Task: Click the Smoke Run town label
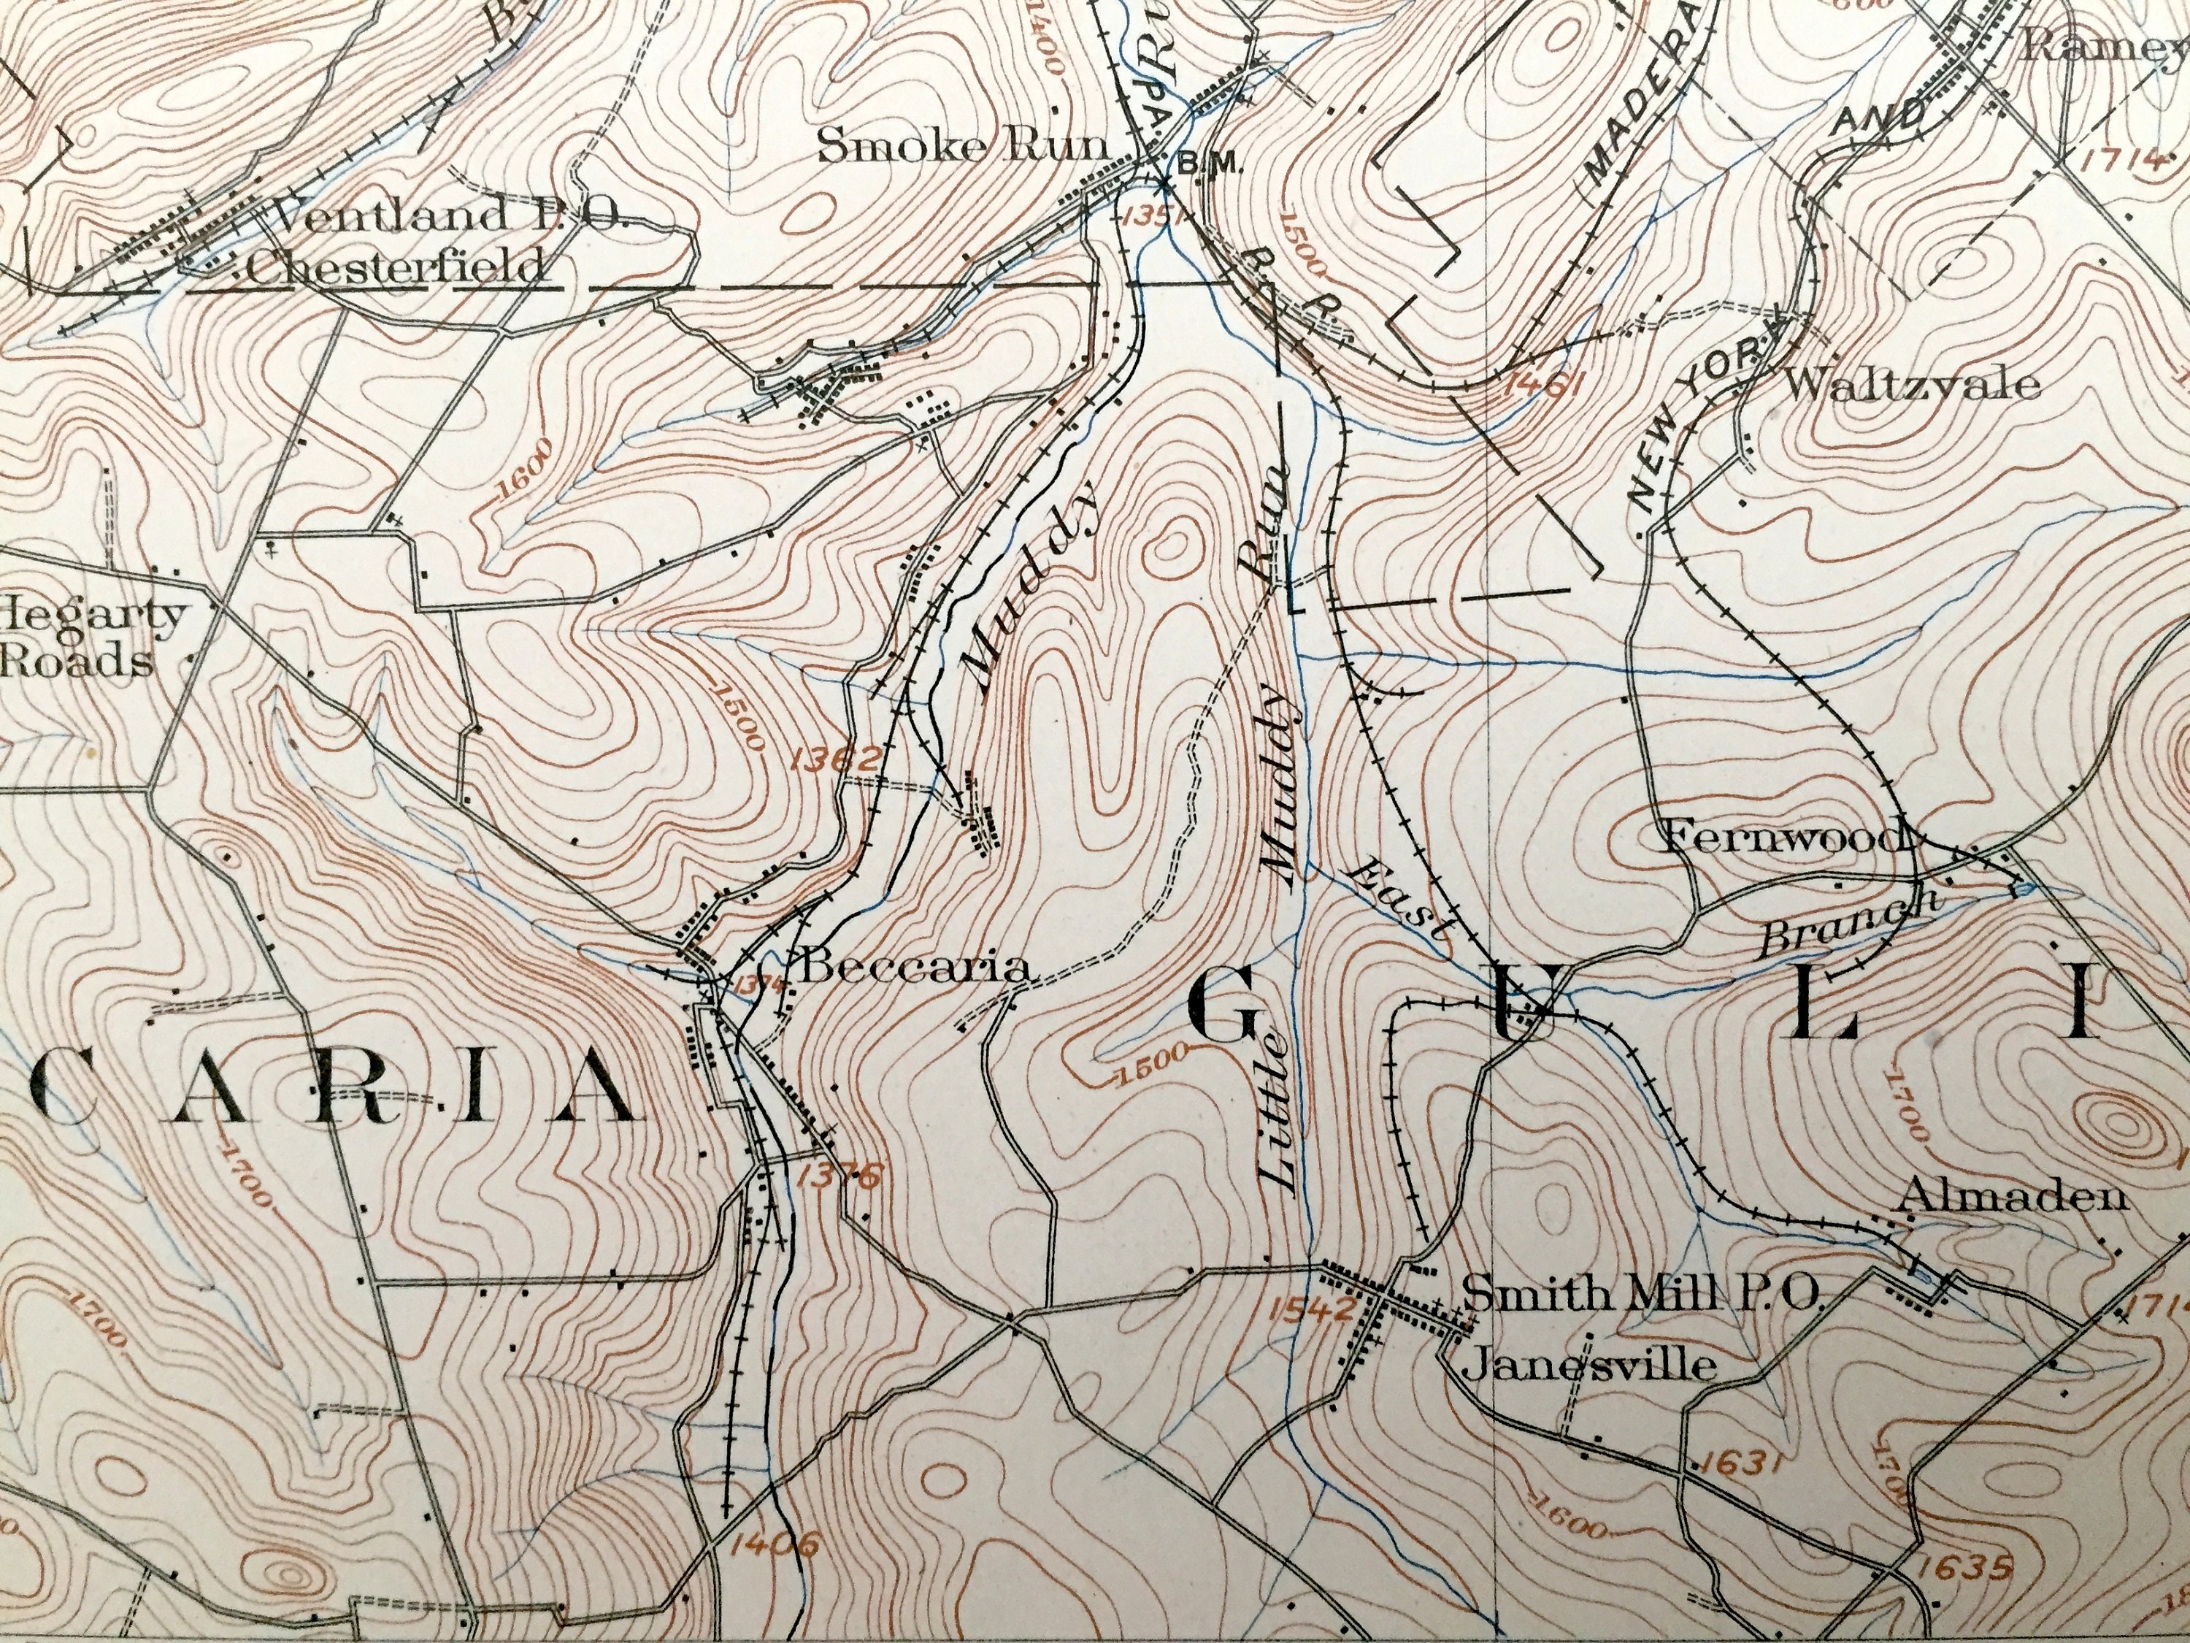(x=962, y=148)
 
